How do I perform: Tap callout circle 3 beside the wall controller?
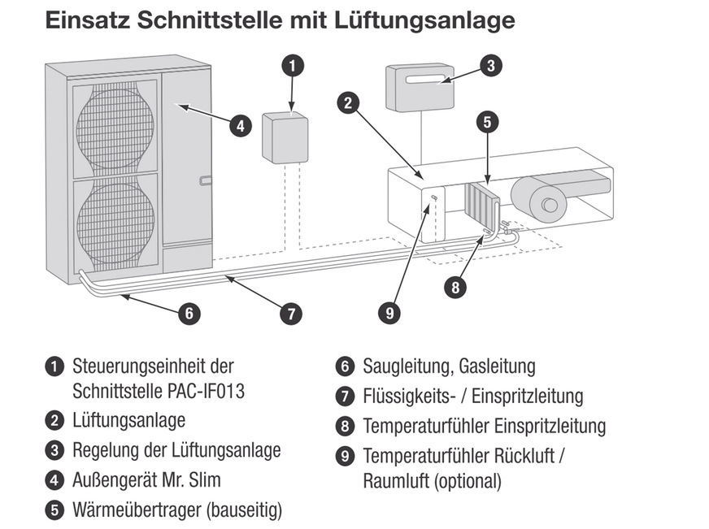(489, 66)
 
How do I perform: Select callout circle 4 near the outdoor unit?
(240, 126)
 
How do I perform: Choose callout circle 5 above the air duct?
(486, 123)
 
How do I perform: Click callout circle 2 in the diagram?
(348, 102)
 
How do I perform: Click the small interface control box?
(285, 138)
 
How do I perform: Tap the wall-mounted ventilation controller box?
(420, 88)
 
